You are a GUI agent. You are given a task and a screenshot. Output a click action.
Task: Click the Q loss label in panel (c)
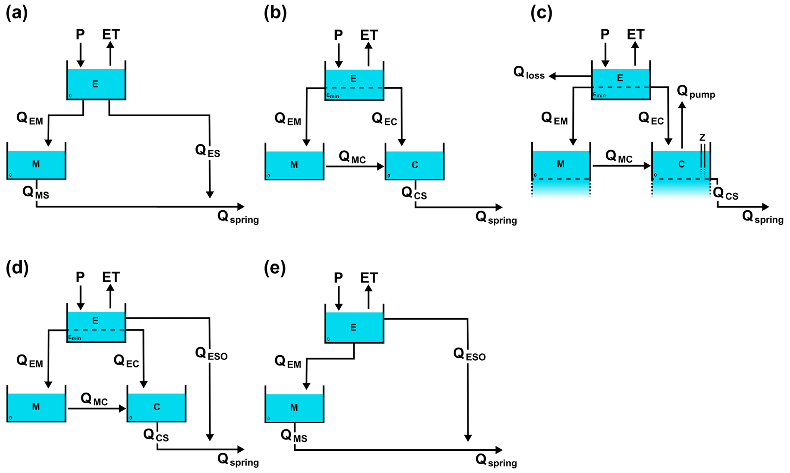click(529, 73)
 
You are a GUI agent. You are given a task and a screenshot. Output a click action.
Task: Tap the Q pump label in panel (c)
click(696, 92)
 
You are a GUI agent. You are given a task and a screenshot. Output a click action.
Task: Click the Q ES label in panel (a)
click(208, 151)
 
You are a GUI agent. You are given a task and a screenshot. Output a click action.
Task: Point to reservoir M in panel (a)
click(36, 164)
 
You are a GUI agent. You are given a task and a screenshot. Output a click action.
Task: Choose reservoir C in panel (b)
click(415, 165)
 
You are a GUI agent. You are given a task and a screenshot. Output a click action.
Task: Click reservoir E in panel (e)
click(354, 327)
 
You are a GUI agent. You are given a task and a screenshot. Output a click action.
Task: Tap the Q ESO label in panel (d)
click(211, 354)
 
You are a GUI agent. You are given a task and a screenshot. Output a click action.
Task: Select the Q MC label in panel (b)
click(352, 157)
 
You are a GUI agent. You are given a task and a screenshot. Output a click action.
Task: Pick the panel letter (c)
click(542, 13)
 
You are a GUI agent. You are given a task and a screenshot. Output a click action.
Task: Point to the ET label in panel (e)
click(369, 278)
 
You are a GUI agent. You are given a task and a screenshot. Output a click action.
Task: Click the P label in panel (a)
click(80, 35)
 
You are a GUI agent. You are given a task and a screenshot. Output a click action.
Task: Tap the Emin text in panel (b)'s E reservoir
click(333, 96)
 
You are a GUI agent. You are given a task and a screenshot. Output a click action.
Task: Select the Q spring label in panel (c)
click(762, 217)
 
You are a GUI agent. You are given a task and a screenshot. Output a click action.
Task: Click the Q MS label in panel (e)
click(294, 436)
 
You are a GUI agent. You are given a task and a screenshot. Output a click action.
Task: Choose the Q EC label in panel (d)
click(126, 361)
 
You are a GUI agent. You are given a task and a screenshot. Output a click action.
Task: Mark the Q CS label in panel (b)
click(414, 193)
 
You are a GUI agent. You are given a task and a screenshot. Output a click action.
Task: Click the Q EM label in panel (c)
click(554, 119)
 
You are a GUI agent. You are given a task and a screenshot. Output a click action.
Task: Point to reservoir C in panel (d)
click(157, 407)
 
